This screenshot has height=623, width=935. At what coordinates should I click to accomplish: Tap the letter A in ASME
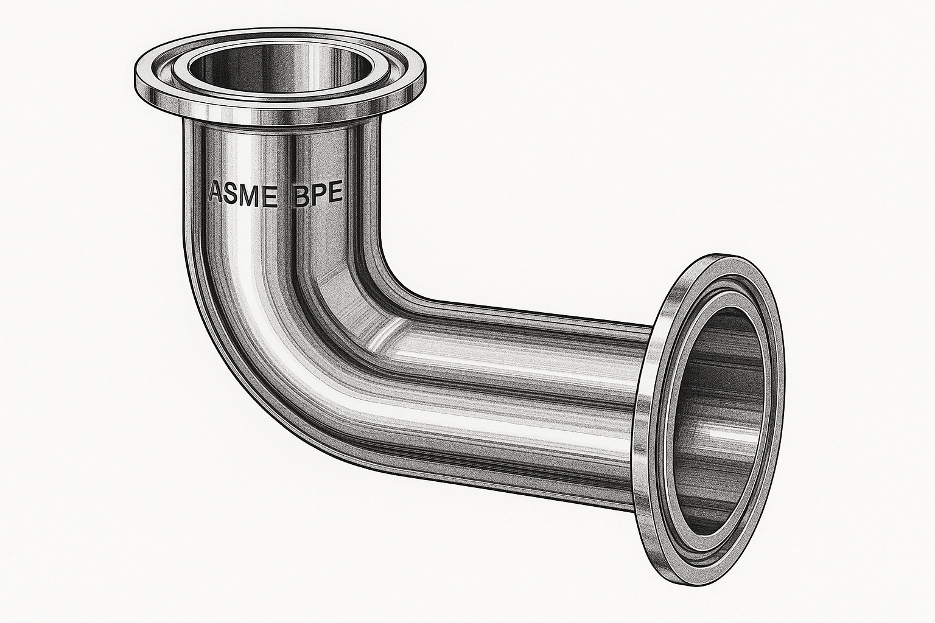click(x=216, y=193)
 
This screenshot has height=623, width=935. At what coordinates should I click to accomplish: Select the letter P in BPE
click(x=319, y=196)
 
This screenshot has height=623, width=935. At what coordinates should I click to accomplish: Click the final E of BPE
click(x=337, y=196)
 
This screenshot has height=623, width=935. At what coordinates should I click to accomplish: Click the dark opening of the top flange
click(x=280, y=67)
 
